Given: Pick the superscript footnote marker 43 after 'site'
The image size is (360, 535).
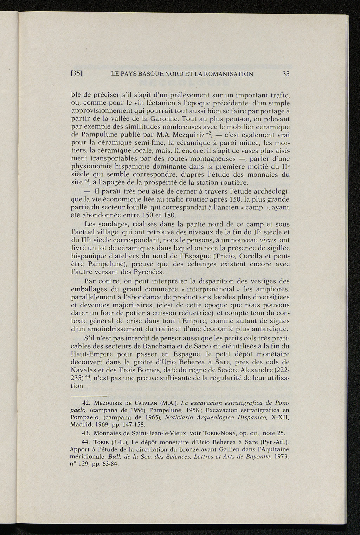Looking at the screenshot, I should click(86, 181).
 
